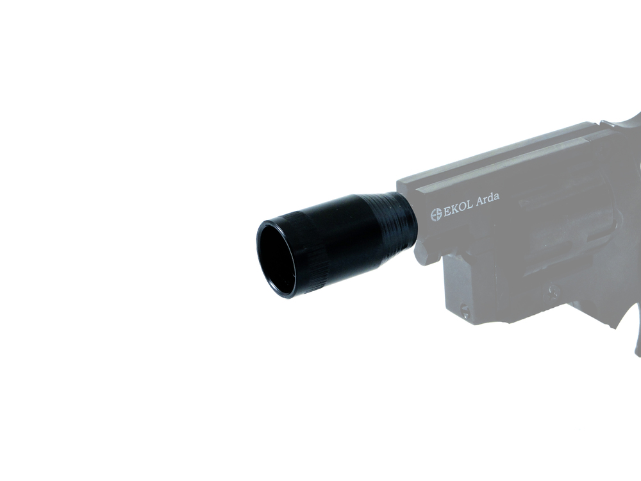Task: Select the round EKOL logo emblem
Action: pyautogui.click(x=437, y=215)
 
